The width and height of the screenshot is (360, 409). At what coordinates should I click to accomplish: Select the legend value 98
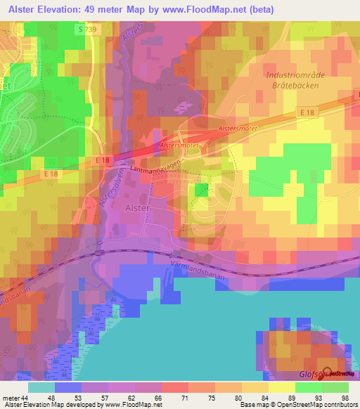[x=345, y=398]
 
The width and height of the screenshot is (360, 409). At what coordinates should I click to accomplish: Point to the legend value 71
[x=186, y=398]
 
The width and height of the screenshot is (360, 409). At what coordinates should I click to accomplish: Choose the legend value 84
[x=266, y=398]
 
